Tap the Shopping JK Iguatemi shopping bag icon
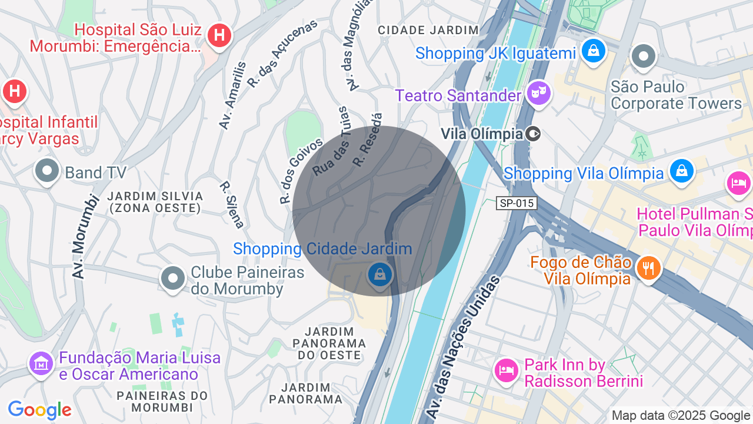(x=594, y=51)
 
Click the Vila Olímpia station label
(x=482, y=134)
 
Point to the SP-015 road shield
(x=517, y=203)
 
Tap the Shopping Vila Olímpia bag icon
(x=681, y=171)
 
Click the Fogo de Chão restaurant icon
(x=648, y=268)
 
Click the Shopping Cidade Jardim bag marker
(x=380, y=274)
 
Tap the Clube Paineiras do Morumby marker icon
(x=173, y=278)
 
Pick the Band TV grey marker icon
(x=47, y=171)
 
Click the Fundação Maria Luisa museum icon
(x=41, y=363)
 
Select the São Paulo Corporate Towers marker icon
(x=643, y=57)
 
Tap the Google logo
(x=39, y=410)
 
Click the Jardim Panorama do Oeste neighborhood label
(x=329, y=343)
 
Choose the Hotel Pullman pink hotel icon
(x=738, y=183)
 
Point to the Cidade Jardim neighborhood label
(x=428, y=30)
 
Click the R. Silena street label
(x=232, y=204)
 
